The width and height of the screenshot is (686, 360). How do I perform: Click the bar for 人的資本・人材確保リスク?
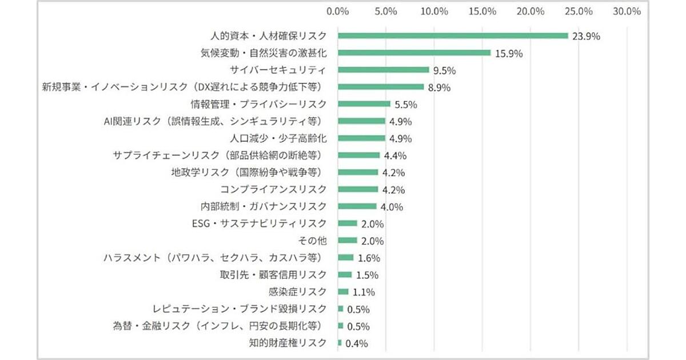pos(453,35)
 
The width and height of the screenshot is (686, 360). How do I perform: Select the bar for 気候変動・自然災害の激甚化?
pos(414,53)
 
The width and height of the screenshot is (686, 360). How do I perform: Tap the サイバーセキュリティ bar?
pos(384,70)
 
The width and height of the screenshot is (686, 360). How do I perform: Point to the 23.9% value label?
pos(586,36)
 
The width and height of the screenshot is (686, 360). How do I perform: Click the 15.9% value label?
pos(509,53)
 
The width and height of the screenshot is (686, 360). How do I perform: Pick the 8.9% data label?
pos(439,87)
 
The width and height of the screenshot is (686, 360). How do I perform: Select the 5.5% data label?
pos(406,105)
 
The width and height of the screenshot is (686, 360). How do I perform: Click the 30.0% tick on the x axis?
pos(627,11)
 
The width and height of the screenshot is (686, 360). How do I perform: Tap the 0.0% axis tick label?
pos(338,11)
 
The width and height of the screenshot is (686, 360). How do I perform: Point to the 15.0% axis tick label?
pos(482,11)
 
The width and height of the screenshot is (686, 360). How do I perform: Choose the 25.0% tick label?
pos(579,11)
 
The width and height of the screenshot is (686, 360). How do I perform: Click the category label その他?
pos(313,241)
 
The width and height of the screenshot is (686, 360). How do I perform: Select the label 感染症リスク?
pos(297,292)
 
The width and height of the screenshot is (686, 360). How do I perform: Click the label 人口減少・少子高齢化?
pos(278,138)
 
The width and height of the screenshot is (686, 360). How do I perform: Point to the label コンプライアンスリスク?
pos(273,189)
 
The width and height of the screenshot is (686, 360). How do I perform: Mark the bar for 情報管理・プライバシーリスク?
pos(364,104)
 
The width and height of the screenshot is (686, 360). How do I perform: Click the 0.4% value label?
pos(356,343)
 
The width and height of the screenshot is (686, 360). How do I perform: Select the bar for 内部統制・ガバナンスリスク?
pos(357,206)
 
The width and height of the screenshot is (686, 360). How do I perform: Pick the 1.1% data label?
pos(364,292)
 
